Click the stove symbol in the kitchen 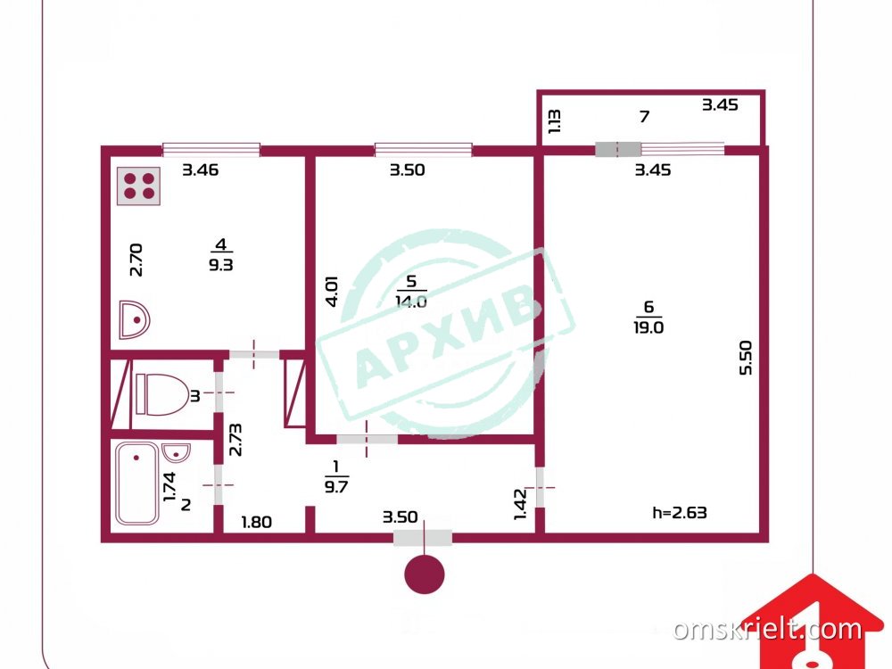(x=139, y=186)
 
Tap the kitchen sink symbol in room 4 (x=135, y=319)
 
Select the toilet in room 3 (x=162, y=394)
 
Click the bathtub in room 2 (x=137, y=483)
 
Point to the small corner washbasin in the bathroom (x=175, y=453)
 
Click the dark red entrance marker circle (x=425, y=574)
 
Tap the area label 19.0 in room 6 (x=648, y=327)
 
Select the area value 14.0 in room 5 (x=411, y=301)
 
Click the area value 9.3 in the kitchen (x=220, y=265)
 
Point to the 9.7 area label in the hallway (x=336, y=487)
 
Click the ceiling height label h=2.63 (x=680, y=513)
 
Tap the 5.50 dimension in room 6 (x=745, y=358)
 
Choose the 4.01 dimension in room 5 (x=332, y=292)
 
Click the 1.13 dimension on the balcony (x=555, y=121)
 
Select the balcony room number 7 (x=645, y=117)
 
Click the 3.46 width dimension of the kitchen (x=200, y=169)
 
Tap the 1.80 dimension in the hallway (x=257, y=522)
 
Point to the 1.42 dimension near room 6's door (x=521, y=504)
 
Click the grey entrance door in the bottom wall (x=423, y=538)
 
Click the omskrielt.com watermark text (x=767, y=629)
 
